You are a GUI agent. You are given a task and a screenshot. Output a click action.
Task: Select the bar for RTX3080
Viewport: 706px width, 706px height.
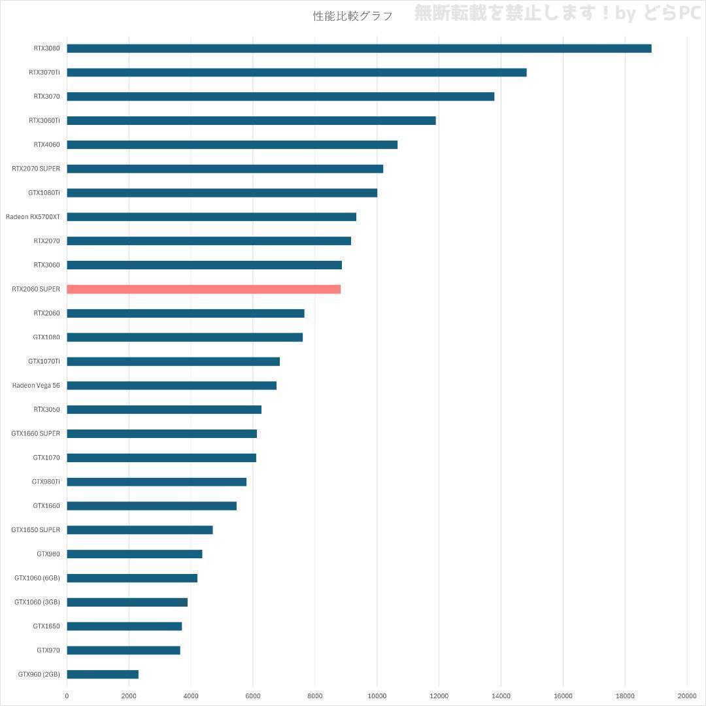359,48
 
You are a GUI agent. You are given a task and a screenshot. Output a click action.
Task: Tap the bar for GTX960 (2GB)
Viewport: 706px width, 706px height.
103,674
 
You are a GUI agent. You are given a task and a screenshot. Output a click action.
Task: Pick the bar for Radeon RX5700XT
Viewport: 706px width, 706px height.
211,216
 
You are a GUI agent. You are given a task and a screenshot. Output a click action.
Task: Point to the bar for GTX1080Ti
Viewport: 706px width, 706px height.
222,193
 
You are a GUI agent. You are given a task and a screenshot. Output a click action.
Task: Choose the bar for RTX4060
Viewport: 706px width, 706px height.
232,144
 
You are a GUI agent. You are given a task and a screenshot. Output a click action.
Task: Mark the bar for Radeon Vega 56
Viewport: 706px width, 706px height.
171,385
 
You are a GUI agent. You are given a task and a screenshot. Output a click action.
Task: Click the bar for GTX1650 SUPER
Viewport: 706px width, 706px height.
139,529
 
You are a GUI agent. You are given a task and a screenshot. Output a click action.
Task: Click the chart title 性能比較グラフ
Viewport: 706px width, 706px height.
352,16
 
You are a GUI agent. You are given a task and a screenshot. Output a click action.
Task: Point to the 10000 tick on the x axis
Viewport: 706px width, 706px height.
377,696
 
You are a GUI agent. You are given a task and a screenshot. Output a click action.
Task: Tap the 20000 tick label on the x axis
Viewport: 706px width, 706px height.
686,696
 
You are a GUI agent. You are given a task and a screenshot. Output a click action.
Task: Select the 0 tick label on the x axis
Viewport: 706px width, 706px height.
67,696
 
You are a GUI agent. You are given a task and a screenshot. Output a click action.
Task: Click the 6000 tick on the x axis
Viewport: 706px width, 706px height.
253,696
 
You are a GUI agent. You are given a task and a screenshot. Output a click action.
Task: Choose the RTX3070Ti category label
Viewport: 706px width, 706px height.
44,73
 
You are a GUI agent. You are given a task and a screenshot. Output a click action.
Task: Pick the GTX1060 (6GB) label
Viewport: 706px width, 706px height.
37,578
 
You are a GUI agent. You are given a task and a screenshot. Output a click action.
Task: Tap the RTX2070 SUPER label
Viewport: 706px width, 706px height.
36,169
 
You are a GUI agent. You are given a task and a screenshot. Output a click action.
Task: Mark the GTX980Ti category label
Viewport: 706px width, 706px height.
46,482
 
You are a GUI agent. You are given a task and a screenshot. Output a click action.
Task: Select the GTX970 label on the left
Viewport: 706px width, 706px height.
48,650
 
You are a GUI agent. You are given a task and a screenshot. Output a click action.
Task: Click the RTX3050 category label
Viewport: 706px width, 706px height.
47,409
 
